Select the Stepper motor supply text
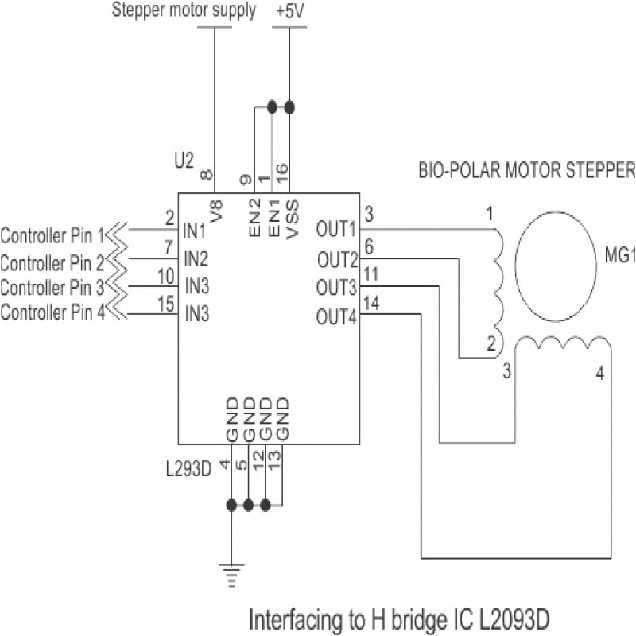184,11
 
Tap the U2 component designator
184,161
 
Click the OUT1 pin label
336,231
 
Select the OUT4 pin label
337,317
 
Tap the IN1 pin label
195,231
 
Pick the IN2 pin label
196,258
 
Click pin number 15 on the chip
165,302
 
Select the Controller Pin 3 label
52,285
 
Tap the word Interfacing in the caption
293,618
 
